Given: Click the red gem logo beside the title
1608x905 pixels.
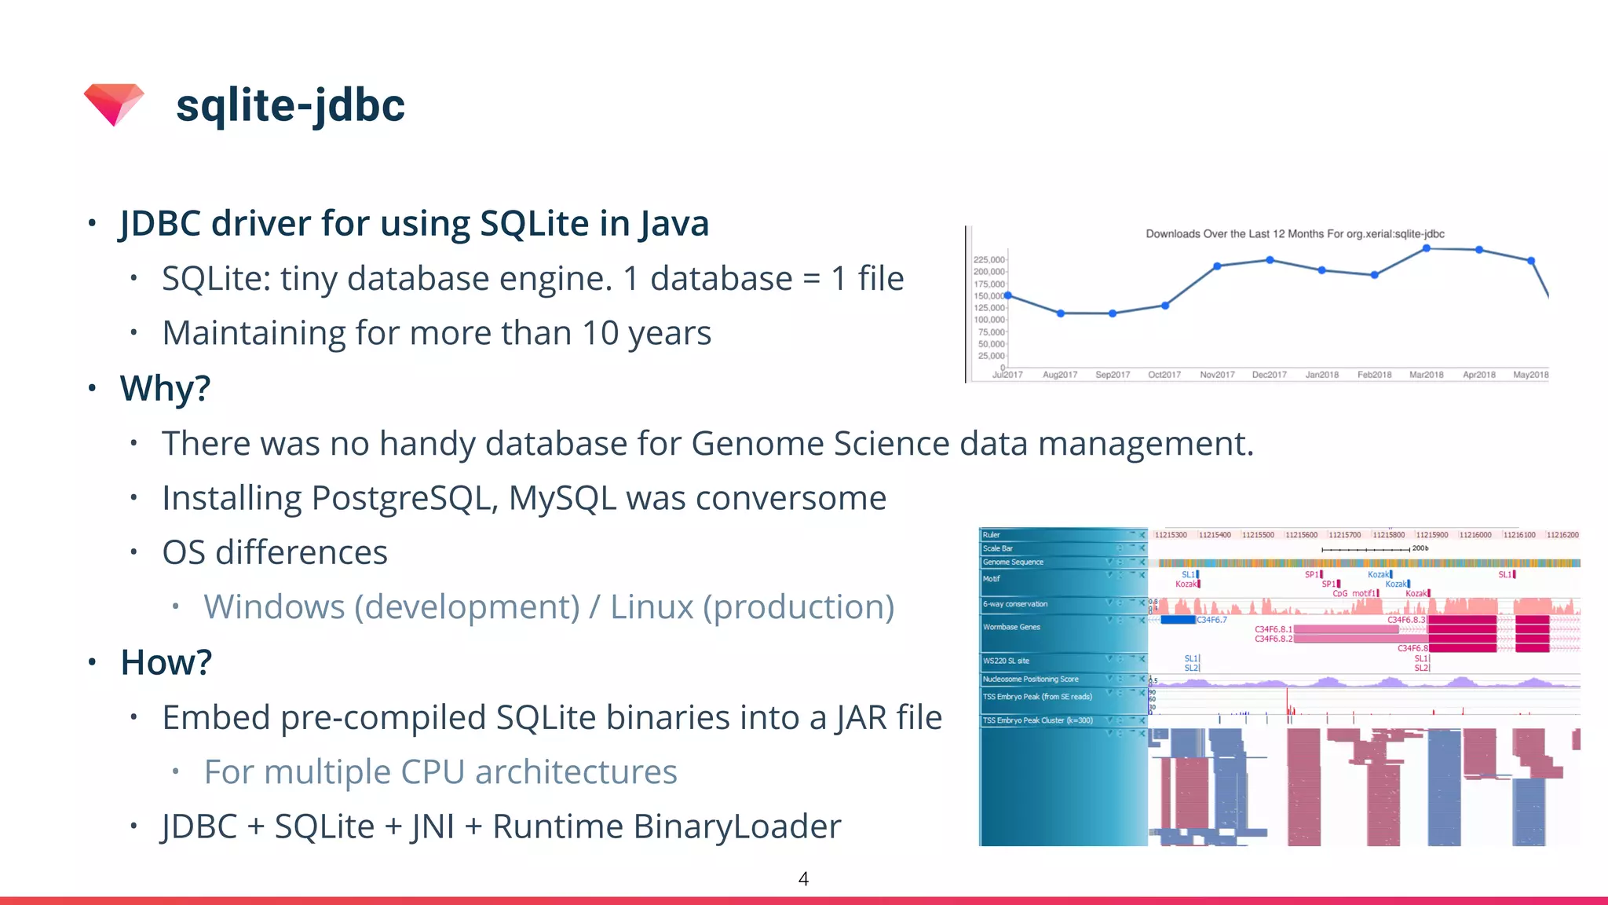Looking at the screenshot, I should click(114, 104).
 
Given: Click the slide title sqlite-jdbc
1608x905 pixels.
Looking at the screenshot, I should click(290, 105).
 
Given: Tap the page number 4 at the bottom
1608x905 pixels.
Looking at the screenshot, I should click(803, 878).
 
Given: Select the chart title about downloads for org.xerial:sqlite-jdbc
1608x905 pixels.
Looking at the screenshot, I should click(1295, 233).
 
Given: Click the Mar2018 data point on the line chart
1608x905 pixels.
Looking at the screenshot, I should click(1427, 248).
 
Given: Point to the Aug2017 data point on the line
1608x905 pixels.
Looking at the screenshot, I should click(1061, 313).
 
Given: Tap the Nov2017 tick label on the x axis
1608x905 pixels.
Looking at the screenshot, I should click(1217, 375).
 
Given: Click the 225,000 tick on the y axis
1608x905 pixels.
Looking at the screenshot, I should click(989, 259).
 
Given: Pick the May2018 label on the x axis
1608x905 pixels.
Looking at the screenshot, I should click(1530, 375).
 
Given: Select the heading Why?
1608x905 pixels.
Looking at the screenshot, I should click(165, 388).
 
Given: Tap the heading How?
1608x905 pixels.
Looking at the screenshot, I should click(166, 662).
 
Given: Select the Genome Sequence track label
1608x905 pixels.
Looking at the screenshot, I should click(1013, 562).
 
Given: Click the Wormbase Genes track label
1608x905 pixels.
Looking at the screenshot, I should click(1011, 627).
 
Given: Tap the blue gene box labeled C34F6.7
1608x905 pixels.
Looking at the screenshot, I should click(1178, 620).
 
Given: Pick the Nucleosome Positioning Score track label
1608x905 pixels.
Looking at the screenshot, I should click(1030, 680).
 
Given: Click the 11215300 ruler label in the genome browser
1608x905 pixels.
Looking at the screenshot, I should click(1171, 535).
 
